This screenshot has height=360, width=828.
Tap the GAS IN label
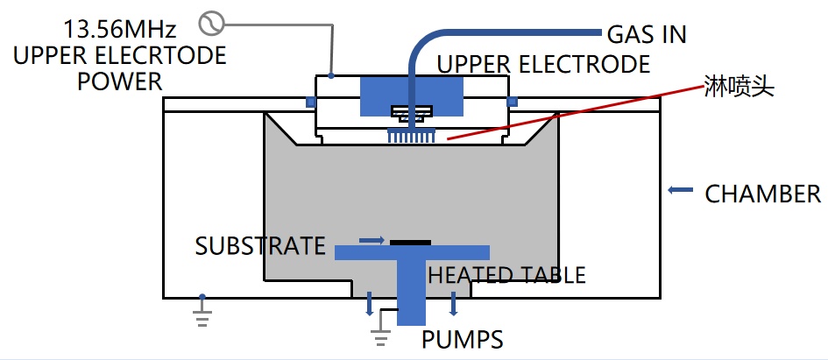click(647, 35)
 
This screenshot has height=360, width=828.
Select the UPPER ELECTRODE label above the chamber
click(543, 64)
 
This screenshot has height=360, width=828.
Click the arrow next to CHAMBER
click(677, 189)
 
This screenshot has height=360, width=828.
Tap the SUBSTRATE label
click(260, 245)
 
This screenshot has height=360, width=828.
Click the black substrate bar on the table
click(410, 241)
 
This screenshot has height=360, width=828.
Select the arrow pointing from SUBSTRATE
click(372, 238)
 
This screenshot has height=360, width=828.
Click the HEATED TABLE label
click(506, 275)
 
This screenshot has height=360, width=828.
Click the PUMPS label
click(462, 338)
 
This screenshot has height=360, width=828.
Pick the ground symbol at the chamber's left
click(202, 311)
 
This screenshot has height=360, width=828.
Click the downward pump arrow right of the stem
click(453, 303)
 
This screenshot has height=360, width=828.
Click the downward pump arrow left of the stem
click(369, 303)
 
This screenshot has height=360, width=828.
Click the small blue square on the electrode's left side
click(310, 102)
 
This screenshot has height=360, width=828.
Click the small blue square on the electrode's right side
click(513, 102)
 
